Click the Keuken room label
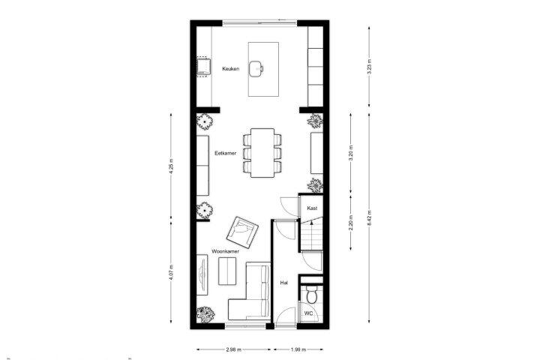[231, 69]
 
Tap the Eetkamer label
[226, 153]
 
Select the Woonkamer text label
[225, 251]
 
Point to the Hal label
[284, 283]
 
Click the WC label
[308, 313]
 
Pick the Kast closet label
[312, 208]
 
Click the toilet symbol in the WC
[311, 295]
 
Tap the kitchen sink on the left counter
[204, 67]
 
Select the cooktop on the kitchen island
[256, 68]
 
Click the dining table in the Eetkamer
[262, 152]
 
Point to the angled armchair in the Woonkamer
[242, 232]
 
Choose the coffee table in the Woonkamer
[227, 271]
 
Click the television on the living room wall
[202, 274]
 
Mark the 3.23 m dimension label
[369, 67]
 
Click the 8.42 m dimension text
[369, 218]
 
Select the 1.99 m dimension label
[298, 349]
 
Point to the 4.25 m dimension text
[171, 166]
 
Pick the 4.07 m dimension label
[171, 272]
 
